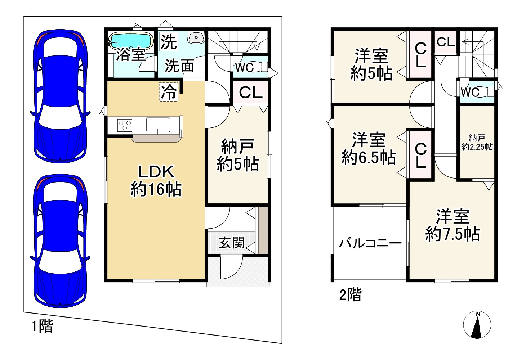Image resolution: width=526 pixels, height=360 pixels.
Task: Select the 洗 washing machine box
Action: pos(169,42)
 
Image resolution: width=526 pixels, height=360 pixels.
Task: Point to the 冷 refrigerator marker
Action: pos(169,92)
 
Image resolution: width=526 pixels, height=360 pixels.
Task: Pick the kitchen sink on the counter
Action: pos(158,125)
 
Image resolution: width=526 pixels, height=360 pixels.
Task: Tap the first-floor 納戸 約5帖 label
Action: pos(237,156)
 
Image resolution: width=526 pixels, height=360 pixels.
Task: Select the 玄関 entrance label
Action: pos(232,243)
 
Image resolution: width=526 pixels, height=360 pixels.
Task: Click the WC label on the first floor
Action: pos(244,67)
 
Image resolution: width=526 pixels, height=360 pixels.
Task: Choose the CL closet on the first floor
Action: pos(251,93)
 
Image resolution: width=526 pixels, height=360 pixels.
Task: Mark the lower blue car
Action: pos(60,241)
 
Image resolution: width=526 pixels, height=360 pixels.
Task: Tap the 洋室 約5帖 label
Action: pos(371,65)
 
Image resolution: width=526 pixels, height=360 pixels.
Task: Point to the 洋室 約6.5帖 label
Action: pos(369,149)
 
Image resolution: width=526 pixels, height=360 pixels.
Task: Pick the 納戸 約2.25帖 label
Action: pos(477,143)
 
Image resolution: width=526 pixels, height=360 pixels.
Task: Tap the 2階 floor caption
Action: pos(350,295)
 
